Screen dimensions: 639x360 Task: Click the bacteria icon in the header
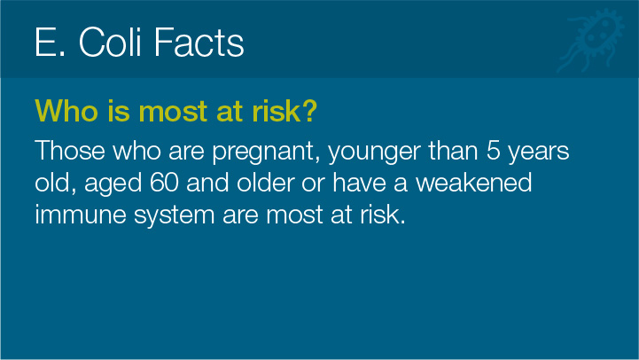click(591, 41)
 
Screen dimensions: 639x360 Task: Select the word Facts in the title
click(199, 42)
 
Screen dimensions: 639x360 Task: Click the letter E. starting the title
click(50, 42)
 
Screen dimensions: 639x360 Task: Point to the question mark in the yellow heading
click(309, 110)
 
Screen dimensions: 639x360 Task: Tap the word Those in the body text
click(70, 151)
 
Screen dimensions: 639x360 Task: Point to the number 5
click(493, 151)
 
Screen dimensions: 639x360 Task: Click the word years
click(538, 153)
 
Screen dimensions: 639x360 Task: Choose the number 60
click(164, 183)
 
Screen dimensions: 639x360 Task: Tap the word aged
click(113, 184)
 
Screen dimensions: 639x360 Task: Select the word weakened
click(473, 182)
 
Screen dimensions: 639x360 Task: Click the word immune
click(81, 214)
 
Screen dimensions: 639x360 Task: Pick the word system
click(174, 215)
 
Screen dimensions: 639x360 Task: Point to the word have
click(359, 182)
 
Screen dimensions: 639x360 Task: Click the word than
click(453, 151)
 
